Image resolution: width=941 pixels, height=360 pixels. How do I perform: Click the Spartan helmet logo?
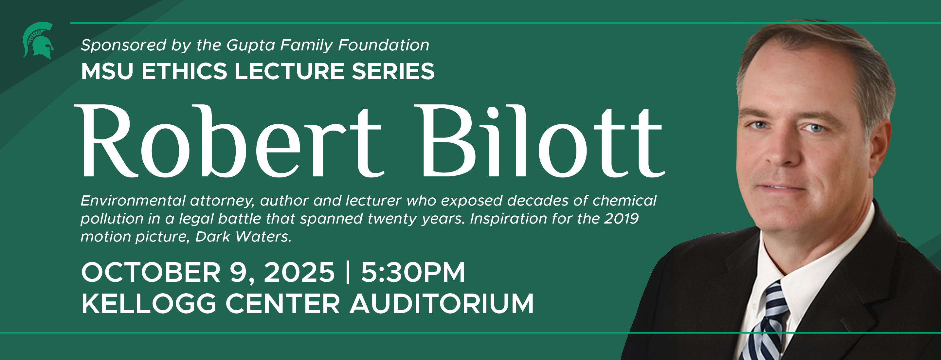point(38,41)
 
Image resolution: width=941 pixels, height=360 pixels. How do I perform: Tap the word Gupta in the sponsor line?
point(250,45)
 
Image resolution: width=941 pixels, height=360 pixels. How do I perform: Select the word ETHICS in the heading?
point(185,71)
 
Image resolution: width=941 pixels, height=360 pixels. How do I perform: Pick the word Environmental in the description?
point(133,201)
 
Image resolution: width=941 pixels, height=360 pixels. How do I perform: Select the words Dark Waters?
point(243,237)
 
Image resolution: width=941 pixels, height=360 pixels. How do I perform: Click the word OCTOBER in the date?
point(151,272)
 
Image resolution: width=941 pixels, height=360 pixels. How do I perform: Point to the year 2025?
point(299,272)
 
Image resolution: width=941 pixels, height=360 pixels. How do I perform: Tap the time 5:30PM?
point(413,272)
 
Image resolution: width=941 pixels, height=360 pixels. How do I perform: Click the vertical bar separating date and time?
point(347,272)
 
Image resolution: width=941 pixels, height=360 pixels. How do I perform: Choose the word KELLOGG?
point(149,304)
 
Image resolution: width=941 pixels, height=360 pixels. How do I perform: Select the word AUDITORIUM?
point(442,304)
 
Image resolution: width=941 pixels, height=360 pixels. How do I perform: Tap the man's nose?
point(782,153)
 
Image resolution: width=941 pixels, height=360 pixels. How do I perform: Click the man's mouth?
point(782,187)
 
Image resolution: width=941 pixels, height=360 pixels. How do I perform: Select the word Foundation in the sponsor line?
point(384,45)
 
